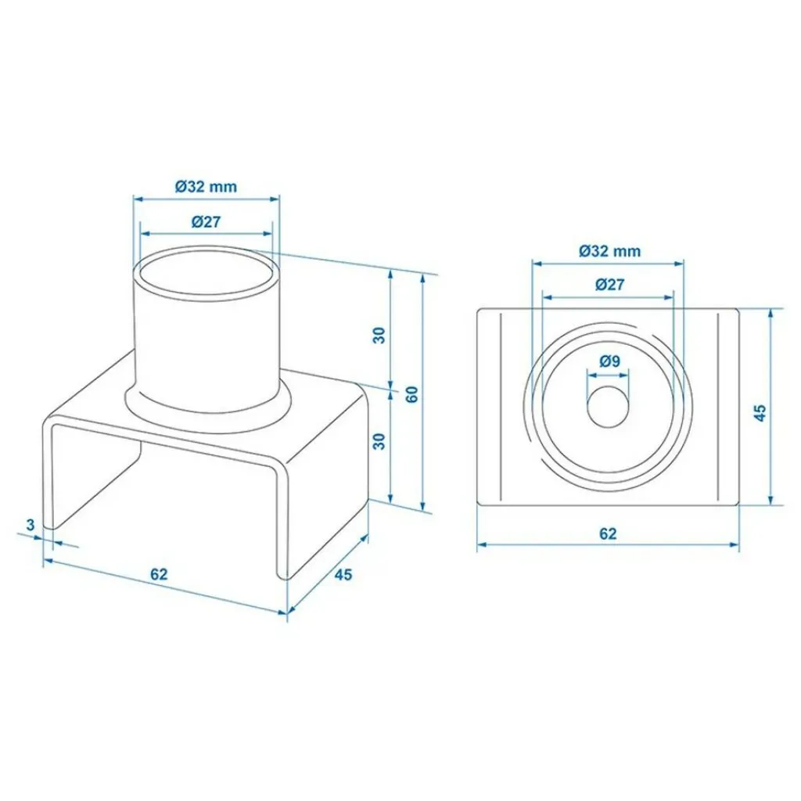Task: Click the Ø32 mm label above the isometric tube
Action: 206,186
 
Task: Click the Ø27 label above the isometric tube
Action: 206,221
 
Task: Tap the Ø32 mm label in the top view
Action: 609,251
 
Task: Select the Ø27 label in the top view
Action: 609,284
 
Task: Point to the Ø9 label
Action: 609,361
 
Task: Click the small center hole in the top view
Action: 608,406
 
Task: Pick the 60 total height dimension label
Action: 411,394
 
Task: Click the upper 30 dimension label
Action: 379,335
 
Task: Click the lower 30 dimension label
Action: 379,441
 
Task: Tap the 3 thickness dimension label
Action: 31,524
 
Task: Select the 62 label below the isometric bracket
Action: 159,574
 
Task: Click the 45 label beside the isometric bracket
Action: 343,575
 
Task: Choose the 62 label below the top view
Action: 608,533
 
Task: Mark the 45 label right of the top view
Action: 760,412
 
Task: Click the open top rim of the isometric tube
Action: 207,275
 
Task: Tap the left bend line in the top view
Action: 501,407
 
